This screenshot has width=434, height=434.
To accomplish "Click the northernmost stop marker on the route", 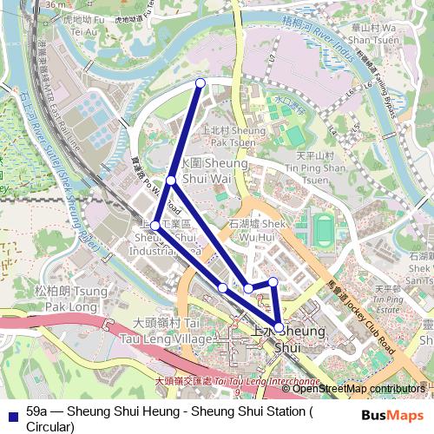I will coord(201,82).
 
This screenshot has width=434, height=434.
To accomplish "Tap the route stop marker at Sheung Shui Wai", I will coord(171,181).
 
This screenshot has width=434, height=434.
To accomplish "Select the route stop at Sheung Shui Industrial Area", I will coord(155,226).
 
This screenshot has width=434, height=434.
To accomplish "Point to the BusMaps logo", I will coord(392,415).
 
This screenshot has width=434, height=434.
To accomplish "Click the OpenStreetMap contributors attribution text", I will coord(358,389).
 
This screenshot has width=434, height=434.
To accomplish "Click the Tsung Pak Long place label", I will coord(62,299).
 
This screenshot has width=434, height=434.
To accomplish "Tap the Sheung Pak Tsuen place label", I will coord(233,135).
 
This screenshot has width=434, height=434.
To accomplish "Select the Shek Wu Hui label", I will coord(255,229).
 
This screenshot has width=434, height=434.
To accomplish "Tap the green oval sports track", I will coord(323,229).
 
